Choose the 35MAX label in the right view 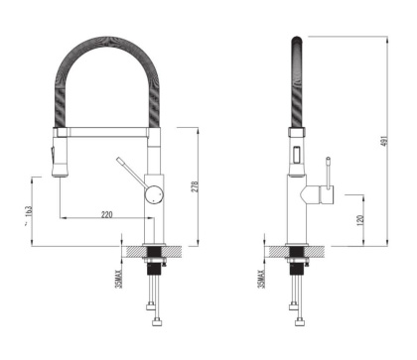pos(261,274)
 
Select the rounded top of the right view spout pos(295,41)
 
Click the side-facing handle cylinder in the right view pos(320,192)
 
